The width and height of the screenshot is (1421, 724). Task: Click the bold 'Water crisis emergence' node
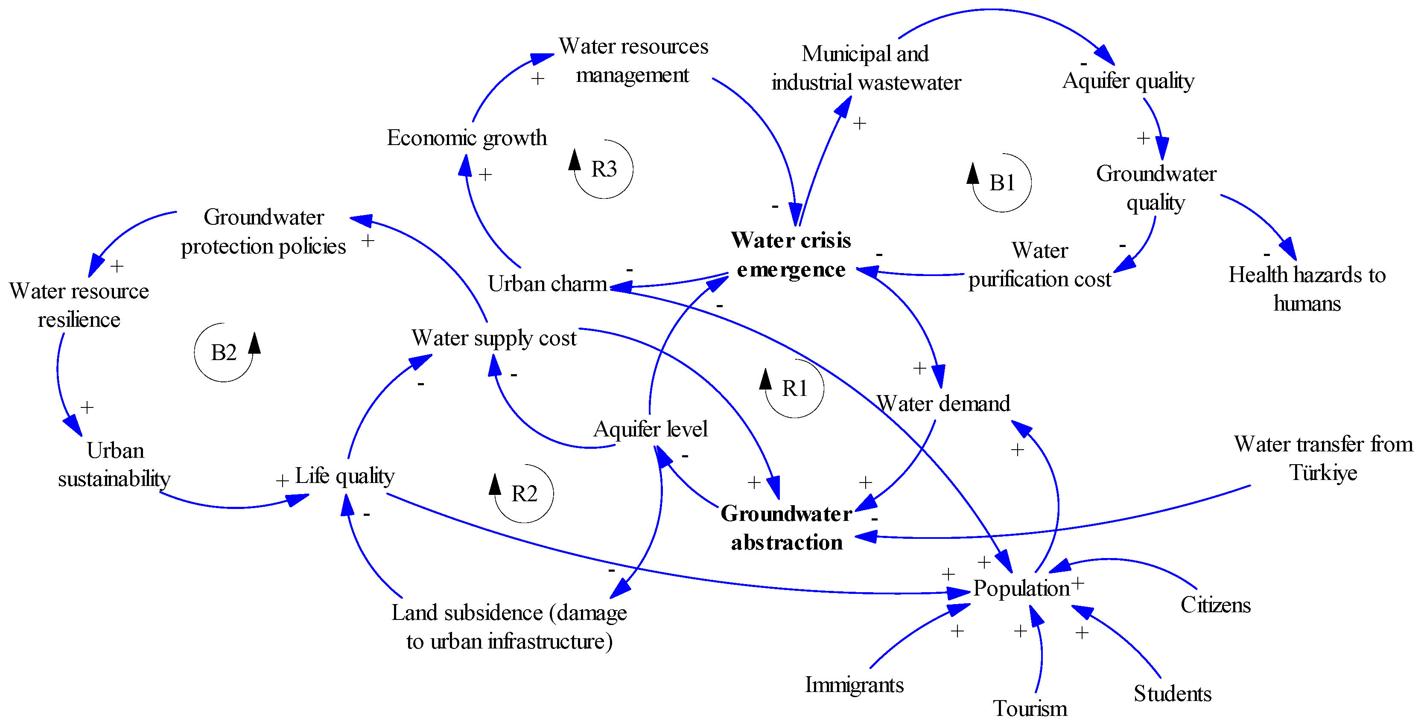[791, 255]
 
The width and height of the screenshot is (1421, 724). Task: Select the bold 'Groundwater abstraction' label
[786, 528]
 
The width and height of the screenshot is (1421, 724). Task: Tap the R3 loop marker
[604, 169]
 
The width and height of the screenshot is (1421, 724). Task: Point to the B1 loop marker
[1002, 183]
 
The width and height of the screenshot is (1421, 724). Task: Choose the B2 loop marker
[223, 352]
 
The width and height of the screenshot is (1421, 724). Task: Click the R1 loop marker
[794, 388]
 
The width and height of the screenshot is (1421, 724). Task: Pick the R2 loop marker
[524, 494]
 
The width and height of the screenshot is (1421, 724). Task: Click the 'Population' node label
[1021, 588]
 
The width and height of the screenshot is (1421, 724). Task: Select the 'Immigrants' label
[854, 684]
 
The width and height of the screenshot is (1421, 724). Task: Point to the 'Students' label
[1172, 693]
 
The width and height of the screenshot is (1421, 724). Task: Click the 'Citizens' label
[1215, 605]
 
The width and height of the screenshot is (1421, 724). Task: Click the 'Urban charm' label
[547, 283]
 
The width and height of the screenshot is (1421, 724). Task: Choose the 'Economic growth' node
[467, 138]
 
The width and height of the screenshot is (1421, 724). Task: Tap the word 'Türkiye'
[1323, 473]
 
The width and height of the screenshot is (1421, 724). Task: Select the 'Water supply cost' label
[494, 337]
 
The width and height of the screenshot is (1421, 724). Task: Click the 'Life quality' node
[345, 475]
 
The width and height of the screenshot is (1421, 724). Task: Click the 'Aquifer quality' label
[1128, 81]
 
